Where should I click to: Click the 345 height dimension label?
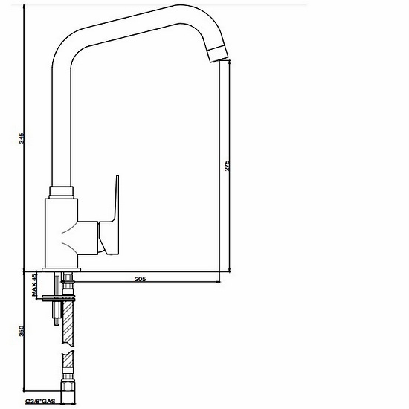22,138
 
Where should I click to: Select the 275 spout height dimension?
227,167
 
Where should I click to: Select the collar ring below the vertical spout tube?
62,192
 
